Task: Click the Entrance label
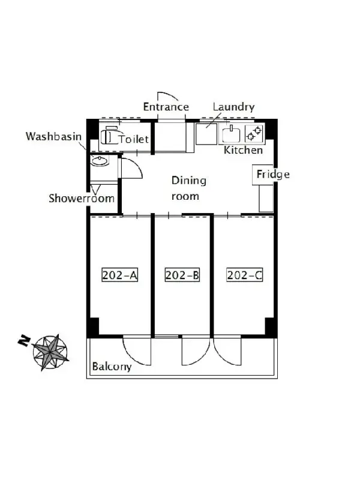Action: [166, 107]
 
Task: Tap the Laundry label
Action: [233, 107]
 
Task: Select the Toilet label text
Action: [134, 139]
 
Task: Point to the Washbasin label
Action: [53, 136]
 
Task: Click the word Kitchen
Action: [244, 150]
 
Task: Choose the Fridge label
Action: [273, 175]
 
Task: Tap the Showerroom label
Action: [82, 199]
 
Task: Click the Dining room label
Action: [188, 188]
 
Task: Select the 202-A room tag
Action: [119, 275]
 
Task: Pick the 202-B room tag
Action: [182, 275]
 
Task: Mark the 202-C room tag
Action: [245, 275]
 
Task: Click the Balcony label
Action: [112, 367]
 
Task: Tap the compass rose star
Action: [50, 352]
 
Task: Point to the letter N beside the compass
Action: [24, 341]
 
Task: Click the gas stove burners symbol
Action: [254, 134]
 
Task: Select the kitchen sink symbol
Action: [231, 134]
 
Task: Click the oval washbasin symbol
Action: [100, 161]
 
